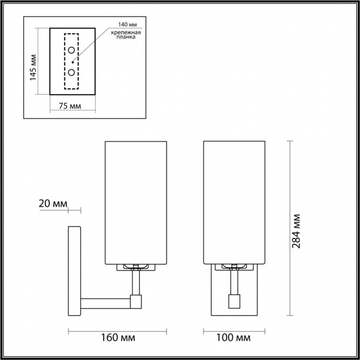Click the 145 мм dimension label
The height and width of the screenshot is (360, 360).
click(x=33, y=67)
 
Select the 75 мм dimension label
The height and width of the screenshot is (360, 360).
click(x=70, y=106)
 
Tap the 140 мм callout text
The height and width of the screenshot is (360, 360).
click(x=128, y=25)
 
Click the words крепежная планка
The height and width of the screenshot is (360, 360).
click(x=126, y=34)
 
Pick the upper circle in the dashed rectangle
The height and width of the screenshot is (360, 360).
click(x=71, y=50)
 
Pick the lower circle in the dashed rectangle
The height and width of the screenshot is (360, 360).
click(x=71, y=73)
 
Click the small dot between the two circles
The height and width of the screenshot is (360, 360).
click(x=73, y=62)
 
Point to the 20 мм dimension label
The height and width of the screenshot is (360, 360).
click(x=53, y=204)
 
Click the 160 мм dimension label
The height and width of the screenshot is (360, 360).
click(x=118, y=337)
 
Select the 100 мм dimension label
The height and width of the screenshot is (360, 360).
click(x=233, y=337)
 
